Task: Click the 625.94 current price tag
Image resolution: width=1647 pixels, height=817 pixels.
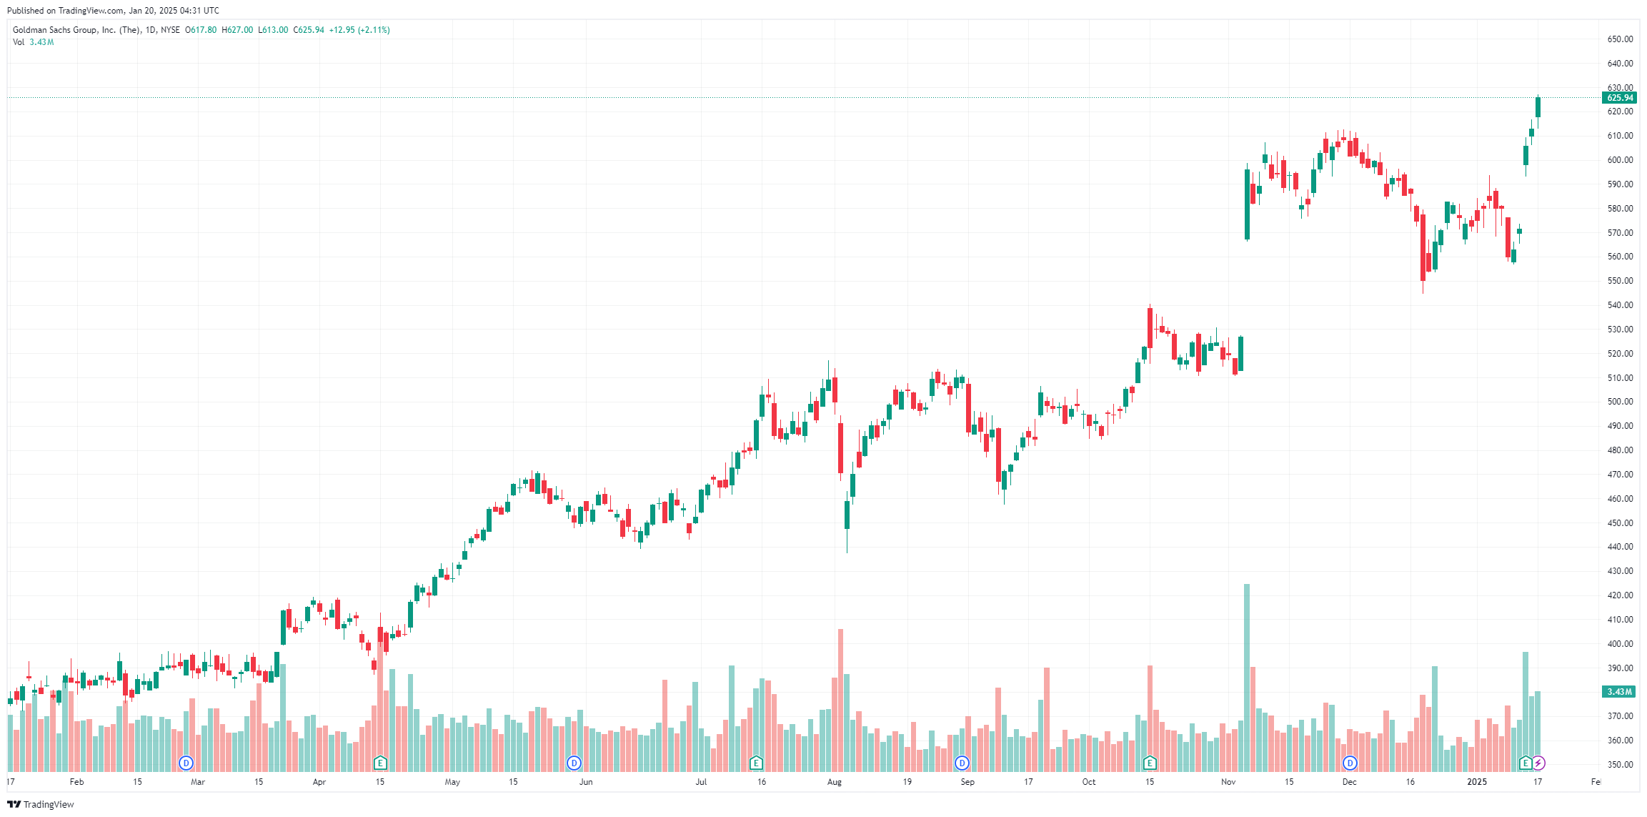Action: (1619, 98)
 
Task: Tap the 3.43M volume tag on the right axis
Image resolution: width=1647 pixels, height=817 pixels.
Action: (1619, 692)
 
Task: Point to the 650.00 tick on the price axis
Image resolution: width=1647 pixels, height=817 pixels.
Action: (1620, 39)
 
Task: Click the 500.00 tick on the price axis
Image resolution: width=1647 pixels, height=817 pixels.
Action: (1620, 402)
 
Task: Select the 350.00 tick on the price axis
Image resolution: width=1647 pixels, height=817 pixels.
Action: (1620, 764)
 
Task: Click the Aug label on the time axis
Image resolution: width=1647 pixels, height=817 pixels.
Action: (835, 782)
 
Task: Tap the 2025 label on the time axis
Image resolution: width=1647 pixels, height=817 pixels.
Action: (1477, 782)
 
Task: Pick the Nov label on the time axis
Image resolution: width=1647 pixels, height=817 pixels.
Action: (1228, 782)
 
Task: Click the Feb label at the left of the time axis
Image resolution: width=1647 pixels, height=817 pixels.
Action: (76, 782)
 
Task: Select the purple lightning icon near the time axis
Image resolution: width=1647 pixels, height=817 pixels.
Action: (1538, 763)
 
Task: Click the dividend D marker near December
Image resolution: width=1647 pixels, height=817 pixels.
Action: (1350, 763)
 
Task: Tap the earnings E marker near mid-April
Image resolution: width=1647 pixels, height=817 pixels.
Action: (380, 763)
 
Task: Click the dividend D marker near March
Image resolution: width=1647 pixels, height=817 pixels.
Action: (186, 763)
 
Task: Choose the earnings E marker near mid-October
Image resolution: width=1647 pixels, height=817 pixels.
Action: (1150, 763)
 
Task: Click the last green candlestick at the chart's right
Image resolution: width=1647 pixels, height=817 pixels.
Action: (1538, 107)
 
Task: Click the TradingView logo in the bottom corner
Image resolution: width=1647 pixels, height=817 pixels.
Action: (41, 805)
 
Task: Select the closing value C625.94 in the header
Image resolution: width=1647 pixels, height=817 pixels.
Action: (309, 30)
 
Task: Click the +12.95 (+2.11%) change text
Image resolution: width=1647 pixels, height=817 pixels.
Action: (359, 30)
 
